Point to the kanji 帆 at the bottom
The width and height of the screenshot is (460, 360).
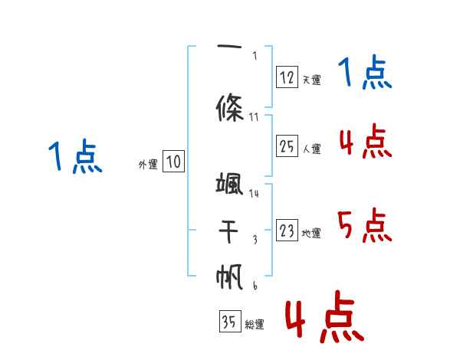click(x=230, y=277)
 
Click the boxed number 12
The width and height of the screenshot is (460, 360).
click(x=287, y=77)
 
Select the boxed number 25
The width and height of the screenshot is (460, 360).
click(x=287, y=146)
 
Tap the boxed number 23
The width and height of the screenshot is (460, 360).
click(x=287, y=231)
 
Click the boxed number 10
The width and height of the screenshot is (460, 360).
click(x=173, y=162)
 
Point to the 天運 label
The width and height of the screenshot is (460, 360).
click(x=311, y=80)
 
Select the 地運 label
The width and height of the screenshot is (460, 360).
click(x=311, y=234)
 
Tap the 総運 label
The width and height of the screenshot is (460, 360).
click(x=255, y=325)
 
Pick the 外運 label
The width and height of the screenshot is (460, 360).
click(x=148, y=165)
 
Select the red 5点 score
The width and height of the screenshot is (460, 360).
click(x=366, y=225)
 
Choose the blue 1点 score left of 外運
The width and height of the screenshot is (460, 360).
click(x=74, y=158)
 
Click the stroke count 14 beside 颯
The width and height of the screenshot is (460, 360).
click(x=254, y=194)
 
